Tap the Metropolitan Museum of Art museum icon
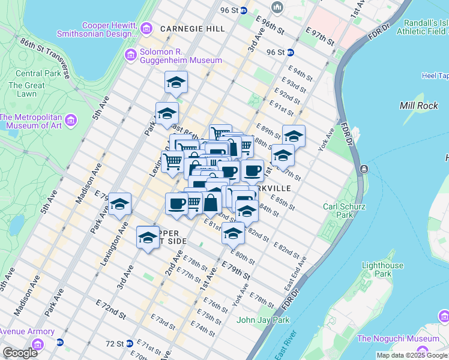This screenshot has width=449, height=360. click(71, 121)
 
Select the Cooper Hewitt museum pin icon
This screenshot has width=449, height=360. click(146, 28)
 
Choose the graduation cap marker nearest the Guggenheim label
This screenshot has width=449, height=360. click(176, 82)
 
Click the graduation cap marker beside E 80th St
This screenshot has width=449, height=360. click(233, 233)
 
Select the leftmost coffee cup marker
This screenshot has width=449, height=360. click(176, 203)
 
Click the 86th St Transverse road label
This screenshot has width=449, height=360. click(46, 58)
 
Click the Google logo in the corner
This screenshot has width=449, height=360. click(20, 353)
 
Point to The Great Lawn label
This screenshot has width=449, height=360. click(26, 89)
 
